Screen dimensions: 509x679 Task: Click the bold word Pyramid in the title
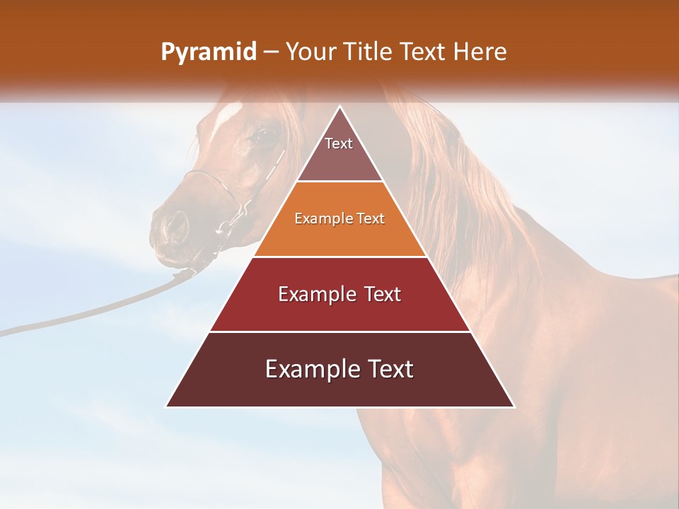click(208, 52)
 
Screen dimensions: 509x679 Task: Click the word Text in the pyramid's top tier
click(339, 144)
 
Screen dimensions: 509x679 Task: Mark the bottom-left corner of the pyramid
click(167, 406)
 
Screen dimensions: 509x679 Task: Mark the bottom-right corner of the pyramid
click(513, 406)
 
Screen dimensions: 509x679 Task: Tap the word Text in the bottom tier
click(388, 369)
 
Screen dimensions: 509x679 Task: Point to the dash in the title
click(270, 52)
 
